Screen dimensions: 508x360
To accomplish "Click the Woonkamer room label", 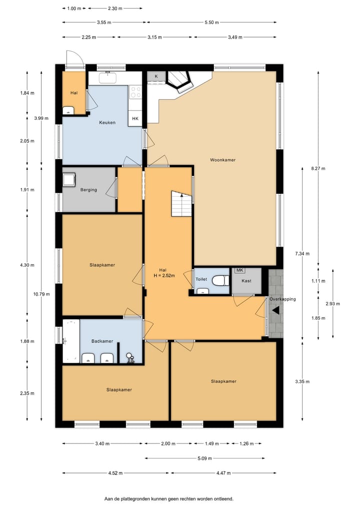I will point(222,160).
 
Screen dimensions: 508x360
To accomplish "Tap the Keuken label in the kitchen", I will point(107,122).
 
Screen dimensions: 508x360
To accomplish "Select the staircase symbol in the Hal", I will point(181,203).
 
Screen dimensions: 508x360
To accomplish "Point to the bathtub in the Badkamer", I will point(70,341).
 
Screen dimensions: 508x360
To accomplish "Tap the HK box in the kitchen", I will point(135,119).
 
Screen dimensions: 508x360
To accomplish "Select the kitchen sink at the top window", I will point(107,78).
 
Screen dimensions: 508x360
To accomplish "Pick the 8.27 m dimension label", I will point(318,169).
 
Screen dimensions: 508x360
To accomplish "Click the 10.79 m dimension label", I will point(41,294).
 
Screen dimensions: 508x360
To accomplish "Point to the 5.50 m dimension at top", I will point(211,22).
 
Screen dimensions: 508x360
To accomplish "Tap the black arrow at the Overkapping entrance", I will point(275,310).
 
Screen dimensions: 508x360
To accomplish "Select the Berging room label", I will point(88,190).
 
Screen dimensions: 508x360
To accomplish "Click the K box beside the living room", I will point(156,76).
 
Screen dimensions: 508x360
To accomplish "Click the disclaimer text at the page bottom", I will point(168,499).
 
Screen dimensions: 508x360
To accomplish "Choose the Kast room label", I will point(246,281).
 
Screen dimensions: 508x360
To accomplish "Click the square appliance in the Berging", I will point(69,179).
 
